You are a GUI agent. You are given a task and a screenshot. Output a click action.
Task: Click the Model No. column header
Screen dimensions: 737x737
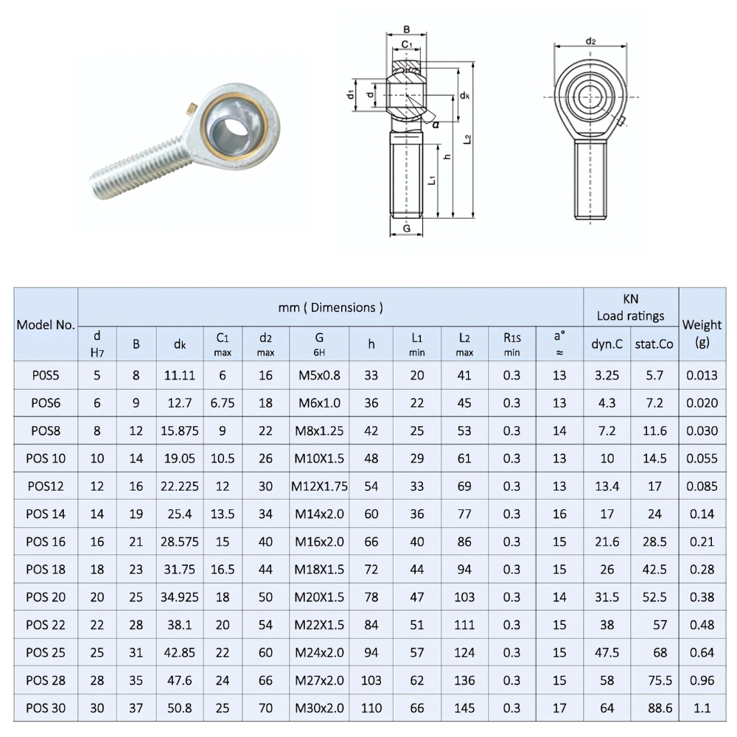coord(46,324)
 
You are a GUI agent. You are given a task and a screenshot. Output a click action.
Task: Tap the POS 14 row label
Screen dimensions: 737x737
coord(46,514)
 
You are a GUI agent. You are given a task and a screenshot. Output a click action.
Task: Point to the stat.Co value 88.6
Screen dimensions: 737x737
coord(654,708)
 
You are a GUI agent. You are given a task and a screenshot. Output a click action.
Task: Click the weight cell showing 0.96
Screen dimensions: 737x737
coord(702,680)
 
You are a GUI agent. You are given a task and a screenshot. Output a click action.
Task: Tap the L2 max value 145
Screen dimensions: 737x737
coord(464,708)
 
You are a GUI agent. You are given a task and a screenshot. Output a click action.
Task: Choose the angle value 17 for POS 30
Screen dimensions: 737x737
coord(559,708)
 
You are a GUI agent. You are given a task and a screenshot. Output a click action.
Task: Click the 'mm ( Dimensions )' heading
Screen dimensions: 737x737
coord(331,307)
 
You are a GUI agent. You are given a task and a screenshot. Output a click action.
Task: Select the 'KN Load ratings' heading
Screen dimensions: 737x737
coord(630,307)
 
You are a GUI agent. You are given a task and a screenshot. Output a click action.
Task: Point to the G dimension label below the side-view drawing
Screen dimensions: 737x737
coord(406,229)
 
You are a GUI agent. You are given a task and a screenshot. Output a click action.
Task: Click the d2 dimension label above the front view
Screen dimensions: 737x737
coord(590,41)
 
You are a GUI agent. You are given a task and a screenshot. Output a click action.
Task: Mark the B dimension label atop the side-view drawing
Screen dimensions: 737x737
coord(406,30)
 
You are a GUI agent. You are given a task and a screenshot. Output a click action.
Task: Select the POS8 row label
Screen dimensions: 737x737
coord(46,431)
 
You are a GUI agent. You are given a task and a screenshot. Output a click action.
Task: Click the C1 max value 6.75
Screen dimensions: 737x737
coord(223,403)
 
